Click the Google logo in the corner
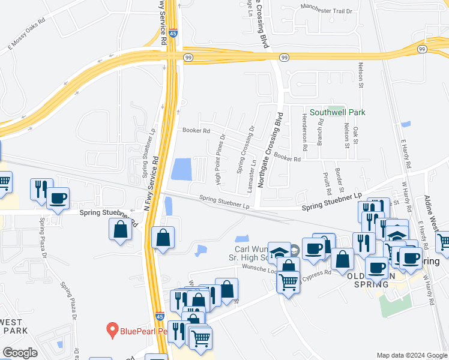[20, 352]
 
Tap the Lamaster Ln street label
[253, 170]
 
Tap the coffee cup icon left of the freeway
[58, 198]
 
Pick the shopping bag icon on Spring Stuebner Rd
[121, 230]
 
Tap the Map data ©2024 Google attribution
[412, 355]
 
